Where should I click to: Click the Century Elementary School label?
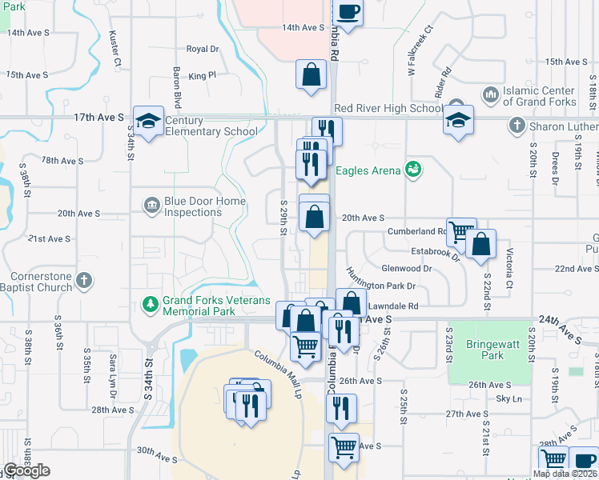click(x=211, y=126)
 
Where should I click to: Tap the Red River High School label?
click(x=388, y=109)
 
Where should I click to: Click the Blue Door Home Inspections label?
click(x=193, y=206)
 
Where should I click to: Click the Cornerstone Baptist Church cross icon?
click(x=84, y=281)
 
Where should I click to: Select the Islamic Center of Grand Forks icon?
click(x=490, y=96)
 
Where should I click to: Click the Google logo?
click(x=26, y=470)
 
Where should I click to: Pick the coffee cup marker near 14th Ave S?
click(x=348, y=11)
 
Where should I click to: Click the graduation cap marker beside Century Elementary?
click(x=148, y=120)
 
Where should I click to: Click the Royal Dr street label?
click(x=203, y=49)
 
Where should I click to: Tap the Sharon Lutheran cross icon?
click(x=517, y=126)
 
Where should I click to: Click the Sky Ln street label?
click(x=509, y=398)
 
